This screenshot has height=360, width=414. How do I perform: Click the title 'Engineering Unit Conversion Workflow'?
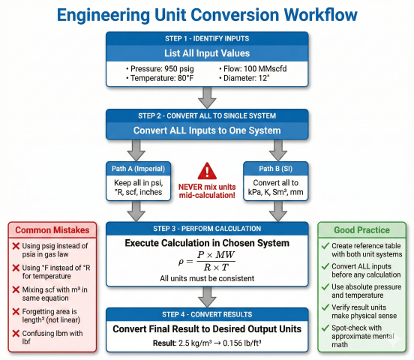207,14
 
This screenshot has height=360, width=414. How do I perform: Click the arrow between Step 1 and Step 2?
206,97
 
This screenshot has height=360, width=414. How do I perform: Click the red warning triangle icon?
206,171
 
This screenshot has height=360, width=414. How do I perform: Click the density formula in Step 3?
206,262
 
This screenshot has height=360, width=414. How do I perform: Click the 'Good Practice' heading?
361,231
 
